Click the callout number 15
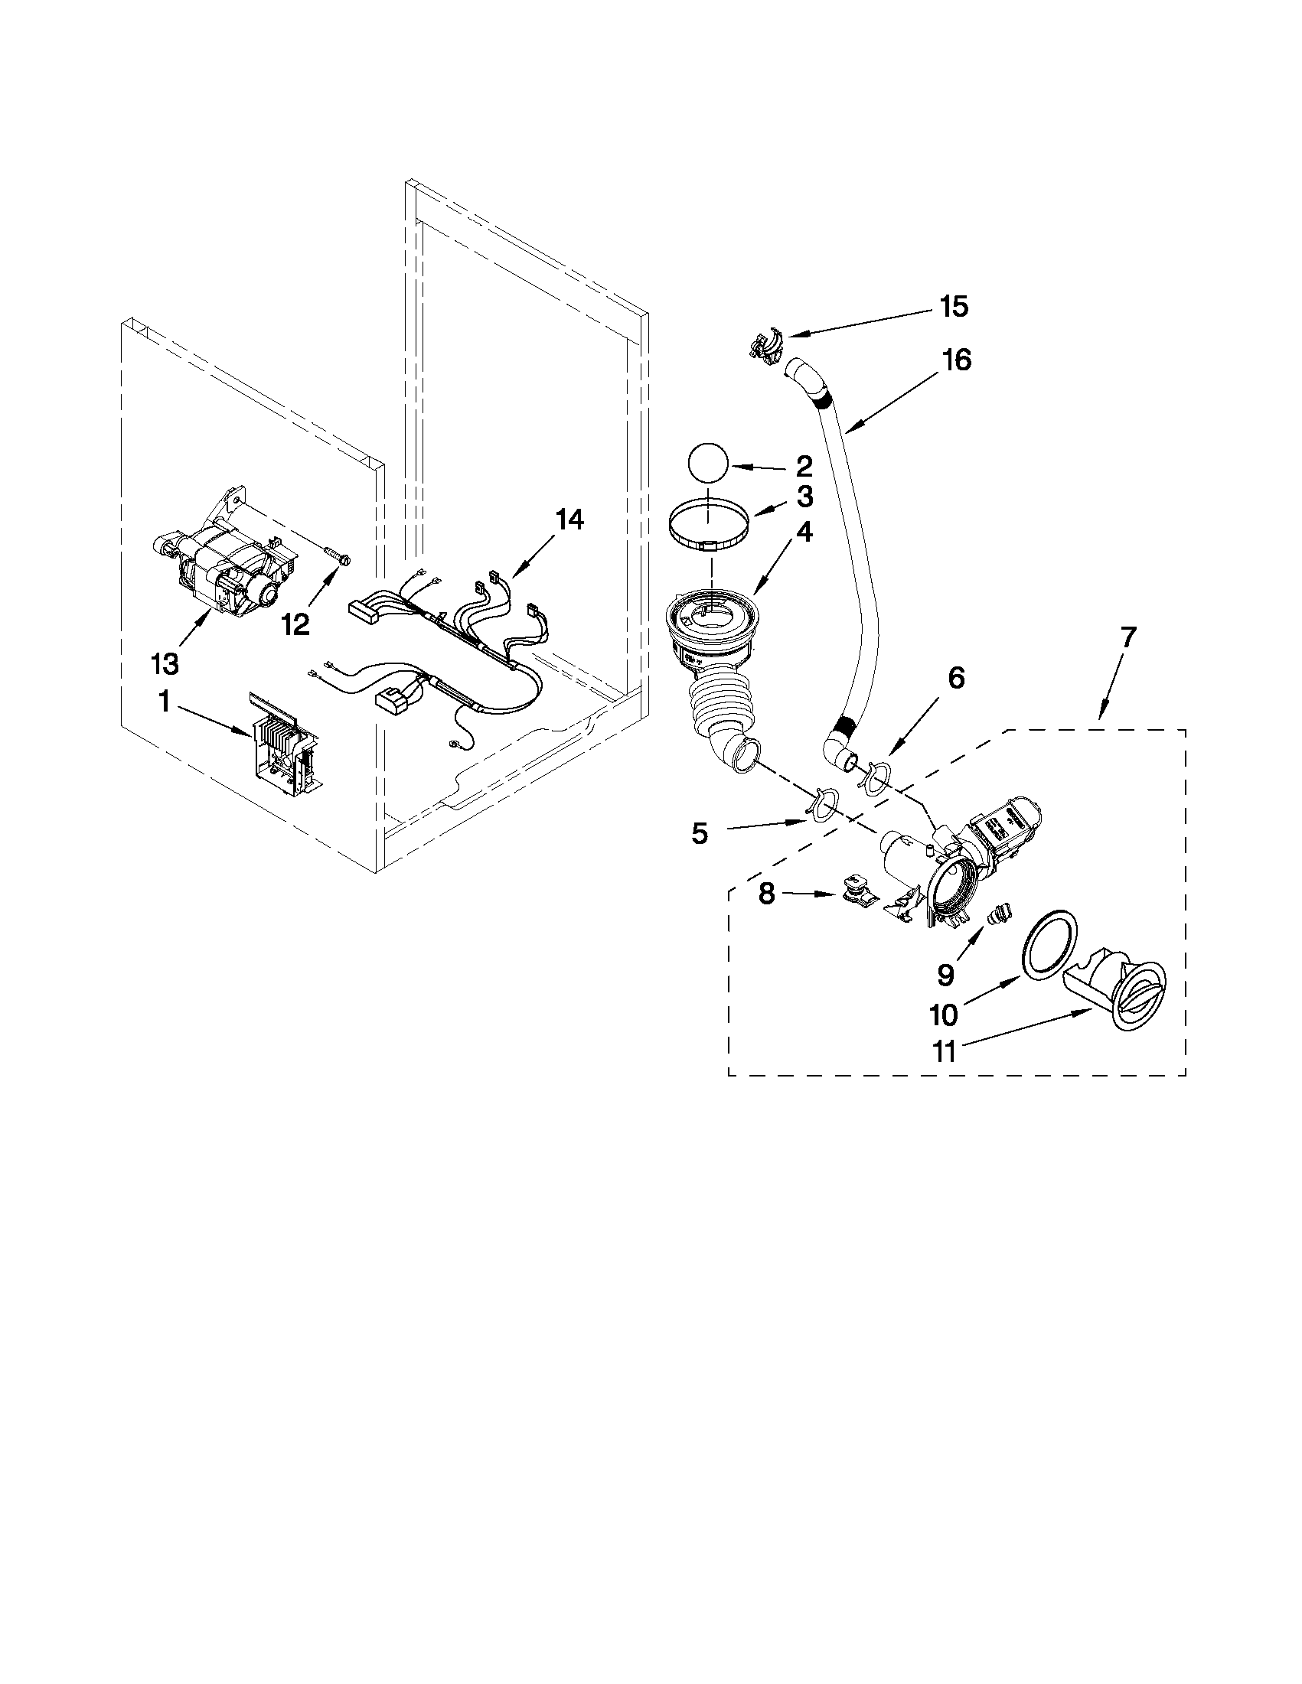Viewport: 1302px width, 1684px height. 954,307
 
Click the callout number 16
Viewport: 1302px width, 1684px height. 957,360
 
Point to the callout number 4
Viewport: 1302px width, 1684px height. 804,532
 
